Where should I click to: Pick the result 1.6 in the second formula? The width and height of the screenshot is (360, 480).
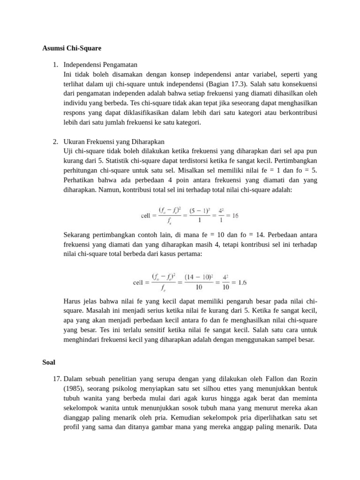click(x=242, y=282)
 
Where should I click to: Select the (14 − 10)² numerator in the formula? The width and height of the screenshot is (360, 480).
click(x=198, y=277)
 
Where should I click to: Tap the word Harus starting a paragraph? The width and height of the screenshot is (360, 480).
click(x=73, y=301)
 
